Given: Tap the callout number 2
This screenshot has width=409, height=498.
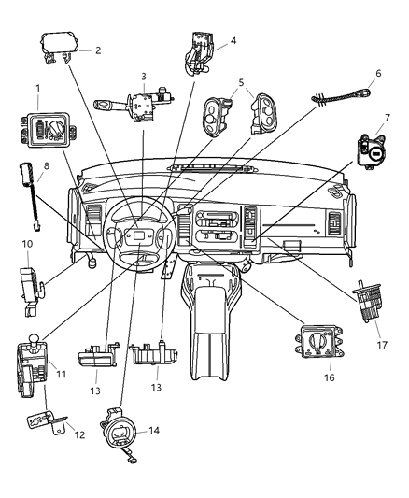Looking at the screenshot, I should coord(97,50).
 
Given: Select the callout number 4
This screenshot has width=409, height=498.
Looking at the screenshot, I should coord(233,40).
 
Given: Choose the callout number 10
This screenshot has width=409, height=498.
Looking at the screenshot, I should coord(27,244).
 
